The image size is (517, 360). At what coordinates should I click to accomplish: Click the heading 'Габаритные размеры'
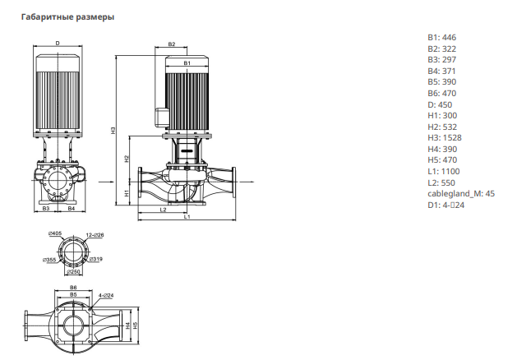tap(68, 16)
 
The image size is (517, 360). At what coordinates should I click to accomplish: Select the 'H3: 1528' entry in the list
tap(445, 138)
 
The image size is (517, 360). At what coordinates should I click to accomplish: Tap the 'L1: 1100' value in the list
tap(444, 172)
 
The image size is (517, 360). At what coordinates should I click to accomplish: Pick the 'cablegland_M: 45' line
tap(461, 194)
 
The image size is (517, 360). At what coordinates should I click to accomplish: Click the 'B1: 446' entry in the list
tap(442, 38)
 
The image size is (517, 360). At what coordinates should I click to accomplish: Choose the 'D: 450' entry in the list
tap(440, 105)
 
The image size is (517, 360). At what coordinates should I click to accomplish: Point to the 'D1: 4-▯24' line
tap(445, 205)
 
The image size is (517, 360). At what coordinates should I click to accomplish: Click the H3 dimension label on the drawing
tap(113, 130)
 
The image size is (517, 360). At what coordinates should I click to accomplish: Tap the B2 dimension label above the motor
tap(172, 44)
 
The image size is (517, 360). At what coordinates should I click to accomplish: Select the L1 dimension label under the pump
tap(187, 217)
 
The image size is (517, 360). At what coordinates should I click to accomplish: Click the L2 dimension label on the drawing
tap(164, 210)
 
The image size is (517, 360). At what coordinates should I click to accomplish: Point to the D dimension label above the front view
tap(58, 44)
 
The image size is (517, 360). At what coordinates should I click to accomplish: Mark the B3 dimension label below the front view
tap(46, 208)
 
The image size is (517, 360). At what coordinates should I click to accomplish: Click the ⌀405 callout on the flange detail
tap(55, 233)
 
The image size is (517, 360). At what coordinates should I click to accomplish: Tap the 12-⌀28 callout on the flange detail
tap(95, 235)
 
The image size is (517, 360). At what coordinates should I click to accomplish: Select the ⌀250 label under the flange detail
tap(73, 272)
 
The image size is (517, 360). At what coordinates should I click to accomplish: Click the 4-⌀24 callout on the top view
tap(106, 295)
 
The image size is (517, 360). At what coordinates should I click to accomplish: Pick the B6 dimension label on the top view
tap(73, 288)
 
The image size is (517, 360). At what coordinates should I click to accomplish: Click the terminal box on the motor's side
tap(162, 117)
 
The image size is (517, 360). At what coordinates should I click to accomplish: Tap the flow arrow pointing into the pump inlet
tap(106, 182)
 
